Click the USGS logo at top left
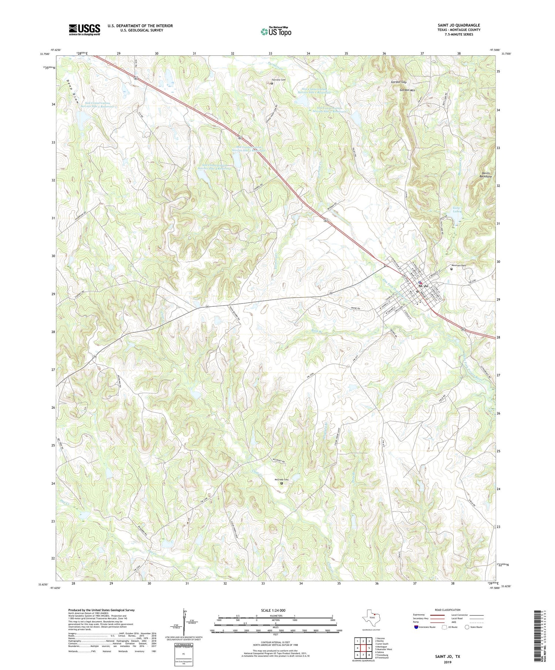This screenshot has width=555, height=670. point(84,30)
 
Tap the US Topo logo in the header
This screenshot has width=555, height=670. point(276,32)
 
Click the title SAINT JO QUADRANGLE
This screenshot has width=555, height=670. point(458,25)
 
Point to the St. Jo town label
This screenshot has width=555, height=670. point(423,286)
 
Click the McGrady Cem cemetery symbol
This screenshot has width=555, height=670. point(281,483)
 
